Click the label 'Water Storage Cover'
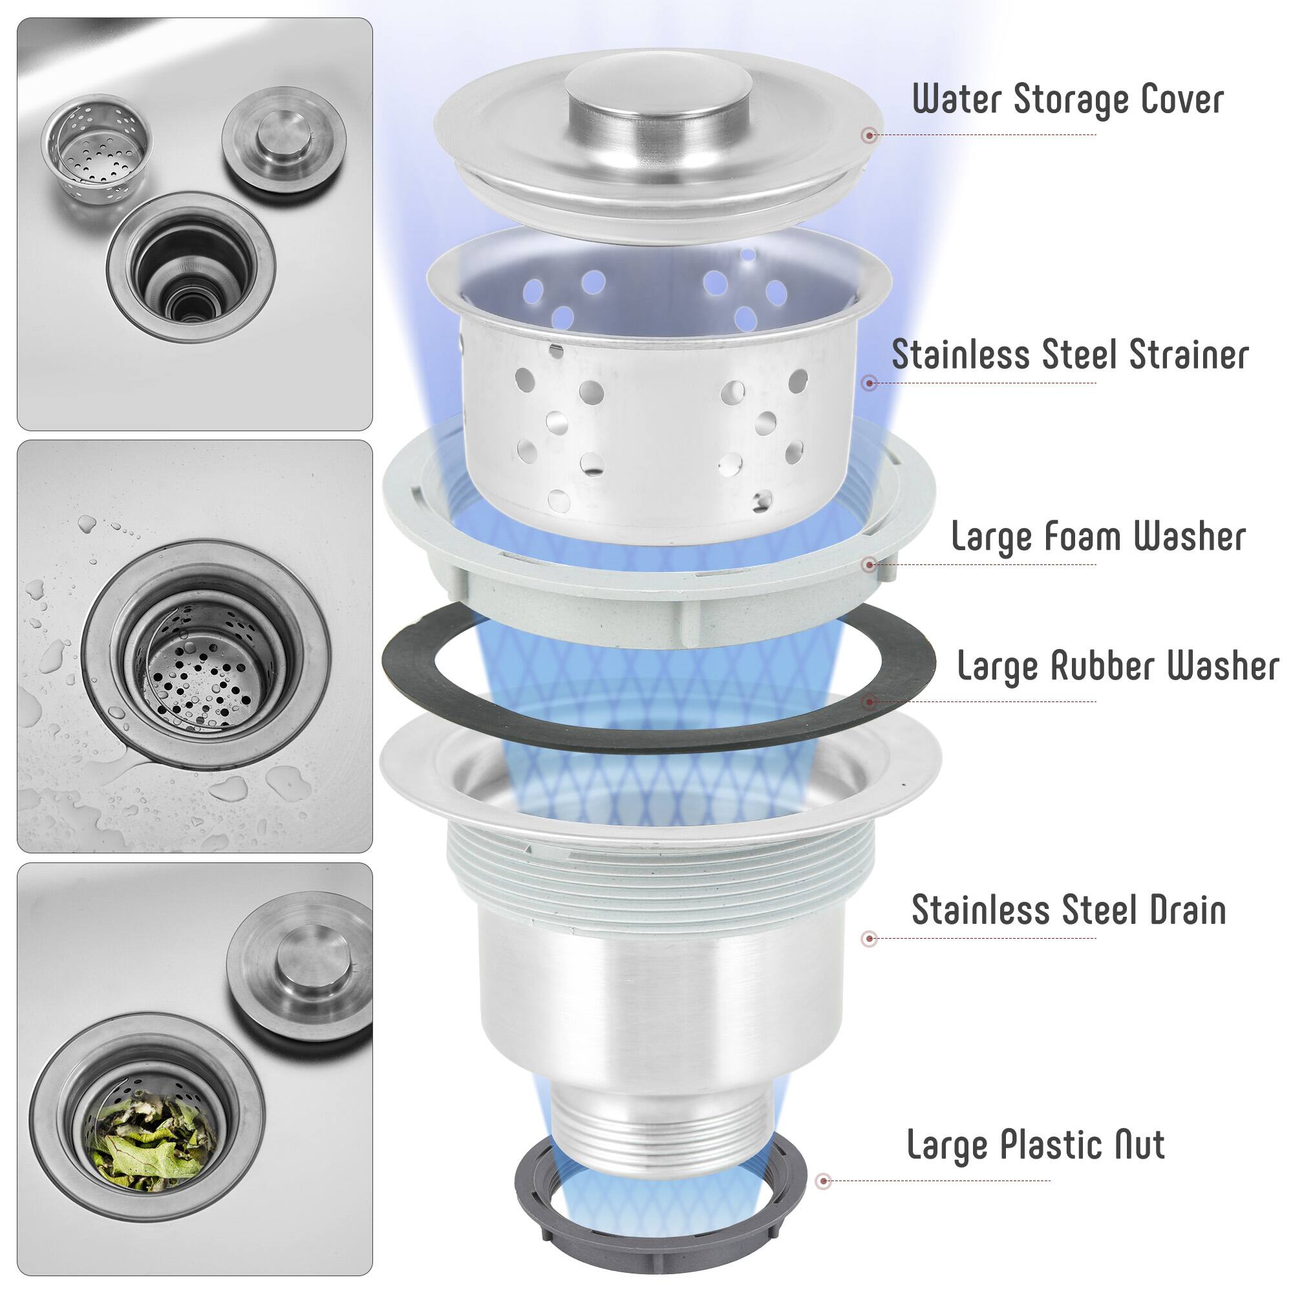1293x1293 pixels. [1068, 99]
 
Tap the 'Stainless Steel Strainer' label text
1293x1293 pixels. [1069, 354]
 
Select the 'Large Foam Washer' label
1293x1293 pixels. [1098, 536]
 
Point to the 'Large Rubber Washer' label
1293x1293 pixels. [1118, 665]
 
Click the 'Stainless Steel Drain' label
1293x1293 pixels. [1069, 910]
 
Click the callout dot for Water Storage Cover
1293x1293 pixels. [870, 135]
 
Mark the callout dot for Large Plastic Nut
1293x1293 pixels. [824, 1181]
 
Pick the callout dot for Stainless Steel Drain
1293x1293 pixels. [870, 938]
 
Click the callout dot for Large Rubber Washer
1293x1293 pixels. [870, 702]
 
